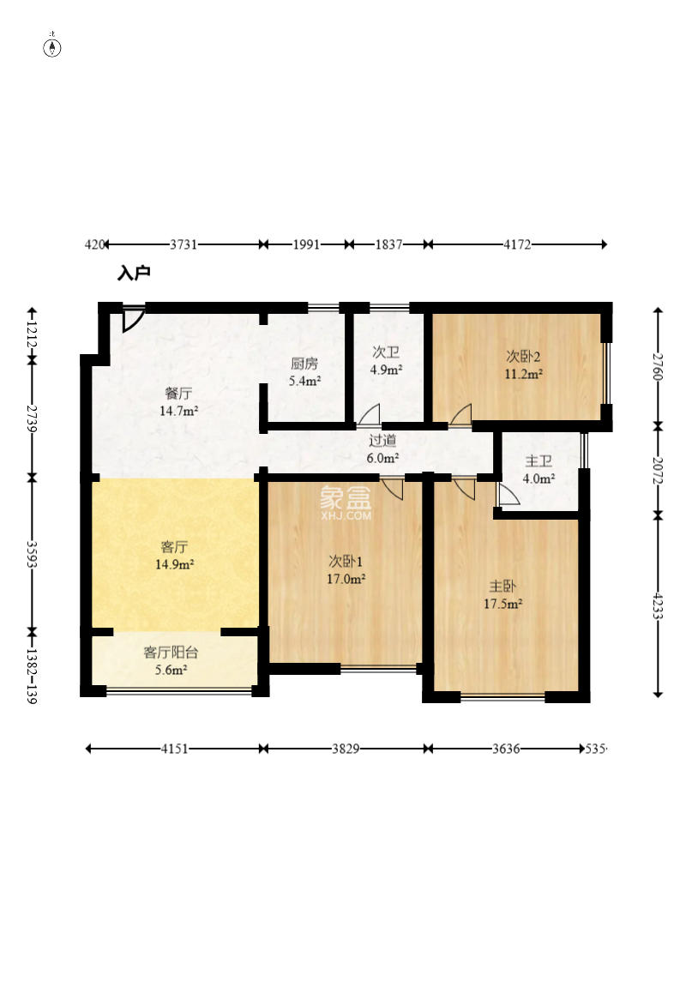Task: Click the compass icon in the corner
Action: click(52, 47)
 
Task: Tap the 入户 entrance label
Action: click(134, 273)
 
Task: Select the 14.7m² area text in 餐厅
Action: click(178, 411)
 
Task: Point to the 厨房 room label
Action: click(304, 364)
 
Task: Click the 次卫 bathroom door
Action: click(369, 415)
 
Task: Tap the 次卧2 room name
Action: click(523, 357)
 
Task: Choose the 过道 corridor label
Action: click(382, 440)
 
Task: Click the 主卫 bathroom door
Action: click(508, 494)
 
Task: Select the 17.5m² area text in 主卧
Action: click(503, 604)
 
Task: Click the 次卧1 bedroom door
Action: click(392, 489)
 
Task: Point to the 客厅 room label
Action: click(174, 547)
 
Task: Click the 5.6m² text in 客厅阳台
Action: click(171, 671)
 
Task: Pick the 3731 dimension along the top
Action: click(184, 244)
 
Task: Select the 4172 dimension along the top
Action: click(517, 244)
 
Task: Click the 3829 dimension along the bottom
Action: click(346, 749)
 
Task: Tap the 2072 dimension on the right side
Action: click(658, 471)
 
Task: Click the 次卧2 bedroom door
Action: click(460, 415)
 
